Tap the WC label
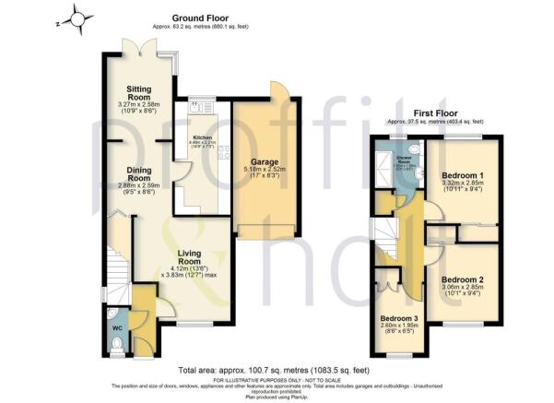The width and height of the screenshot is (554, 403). [117, 327]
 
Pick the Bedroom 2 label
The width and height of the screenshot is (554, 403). [462, 279]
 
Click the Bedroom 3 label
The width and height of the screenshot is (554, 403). [399, 319]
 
